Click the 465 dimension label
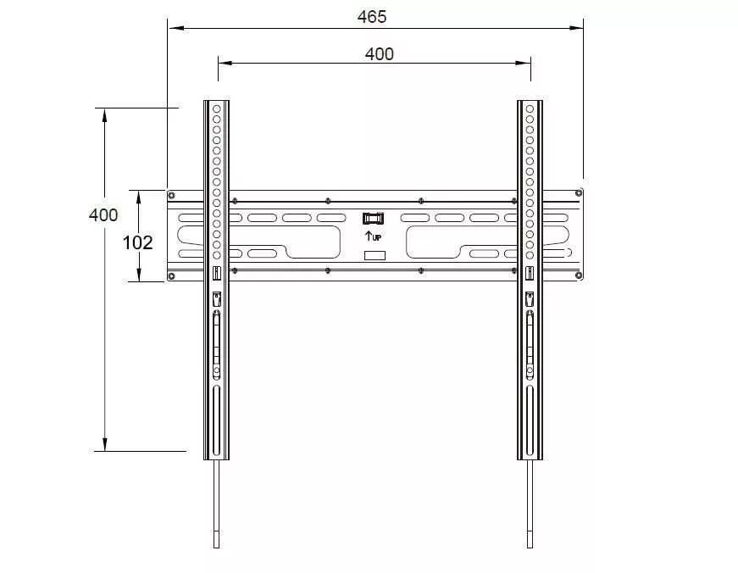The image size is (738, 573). pos(372,17)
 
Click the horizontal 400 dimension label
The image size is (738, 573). pos(380,54)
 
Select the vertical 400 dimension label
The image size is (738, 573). pos(103,215)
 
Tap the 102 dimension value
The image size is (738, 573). pos(137,243)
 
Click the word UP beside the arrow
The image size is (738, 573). pos(376,238)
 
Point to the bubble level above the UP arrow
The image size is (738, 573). pos(373,219)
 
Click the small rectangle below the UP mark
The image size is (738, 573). pos(375,256)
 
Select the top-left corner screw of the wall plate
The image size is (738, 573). pos(172,196)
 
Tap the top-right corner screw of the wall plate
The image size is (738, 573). pos(579,193)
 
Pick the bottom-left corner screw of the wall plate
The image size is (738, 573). pos(172,276)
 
